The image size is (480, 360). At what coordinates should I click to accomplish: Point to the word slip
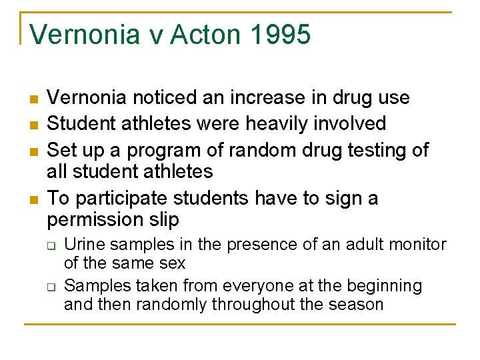[165, 219]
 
